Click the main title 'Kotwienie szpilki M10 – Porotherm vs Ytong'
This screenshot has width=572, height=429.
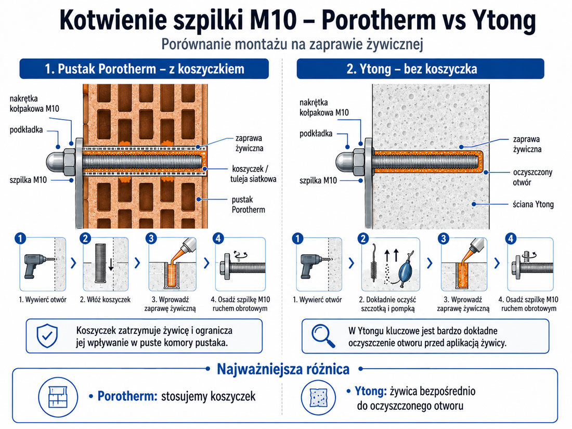click(x=297, y=20)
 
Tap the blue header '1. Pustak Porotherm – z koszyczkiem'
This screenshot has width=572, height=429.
click(x=144, y=69)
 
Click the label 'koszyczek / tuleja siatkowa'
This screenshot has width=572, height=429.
click(x=253, y=174)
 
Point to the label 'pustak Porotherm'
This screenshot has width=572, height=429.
click(x=248, y=204)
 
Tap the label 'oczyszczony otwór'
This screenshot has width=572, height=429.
click(x=532, y=177)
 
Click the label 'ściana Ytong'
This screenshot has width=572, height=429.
click(x=533, y=204)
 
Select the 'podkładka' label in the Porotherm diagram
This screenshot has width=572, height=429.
click(x=27, y=130)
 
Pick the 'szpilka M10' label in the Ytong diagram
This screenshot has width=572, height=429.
click(x=318, y=180)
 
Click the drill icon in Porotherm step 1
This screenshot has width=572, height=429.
click(x=37, y=266)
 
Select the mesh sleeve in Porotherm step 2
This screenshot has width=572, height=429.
click(x=100, y=263)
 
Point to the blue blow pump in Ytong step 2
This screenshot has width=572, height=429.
click(x=406, y=269)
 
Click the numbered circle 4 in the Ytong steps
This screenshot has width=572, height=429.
click(x=511, y=239)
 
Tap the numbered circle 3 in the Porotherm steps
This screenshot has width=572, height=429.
click(x=151, y=239)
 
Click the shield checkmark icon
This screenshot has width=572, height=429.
click(x=47, y=335)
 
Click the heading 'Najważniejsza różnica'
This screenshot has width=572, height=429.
click(x=283, y=369)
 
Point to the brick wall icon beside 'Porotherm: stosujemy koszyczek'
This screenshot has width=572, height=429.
click(x=58, y=397)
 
